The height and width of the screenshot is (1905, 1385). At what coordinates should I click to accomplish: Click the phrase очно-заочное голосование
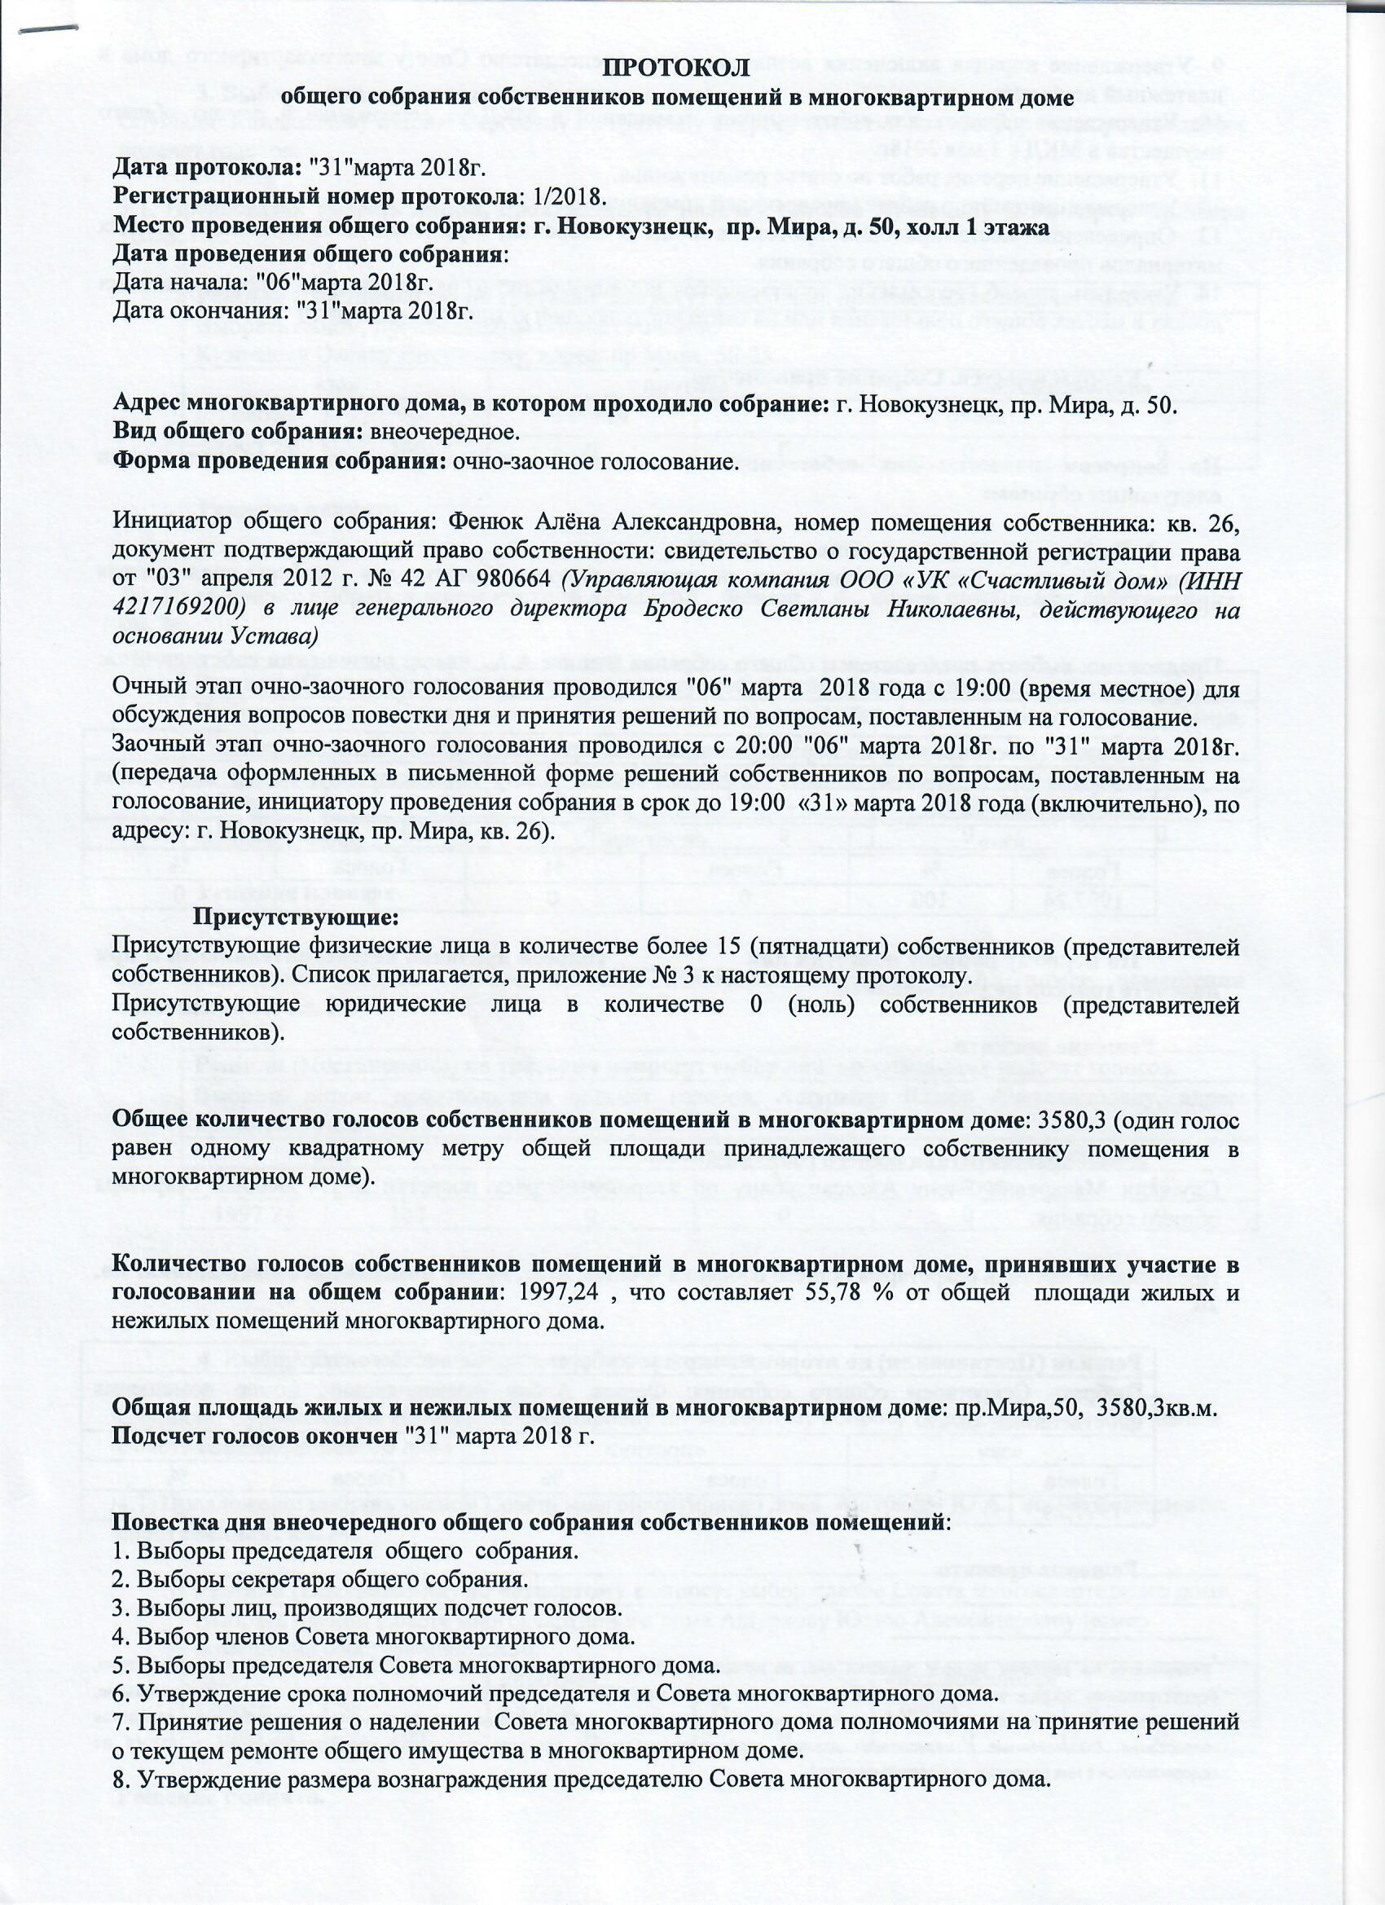coord(595,461)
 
